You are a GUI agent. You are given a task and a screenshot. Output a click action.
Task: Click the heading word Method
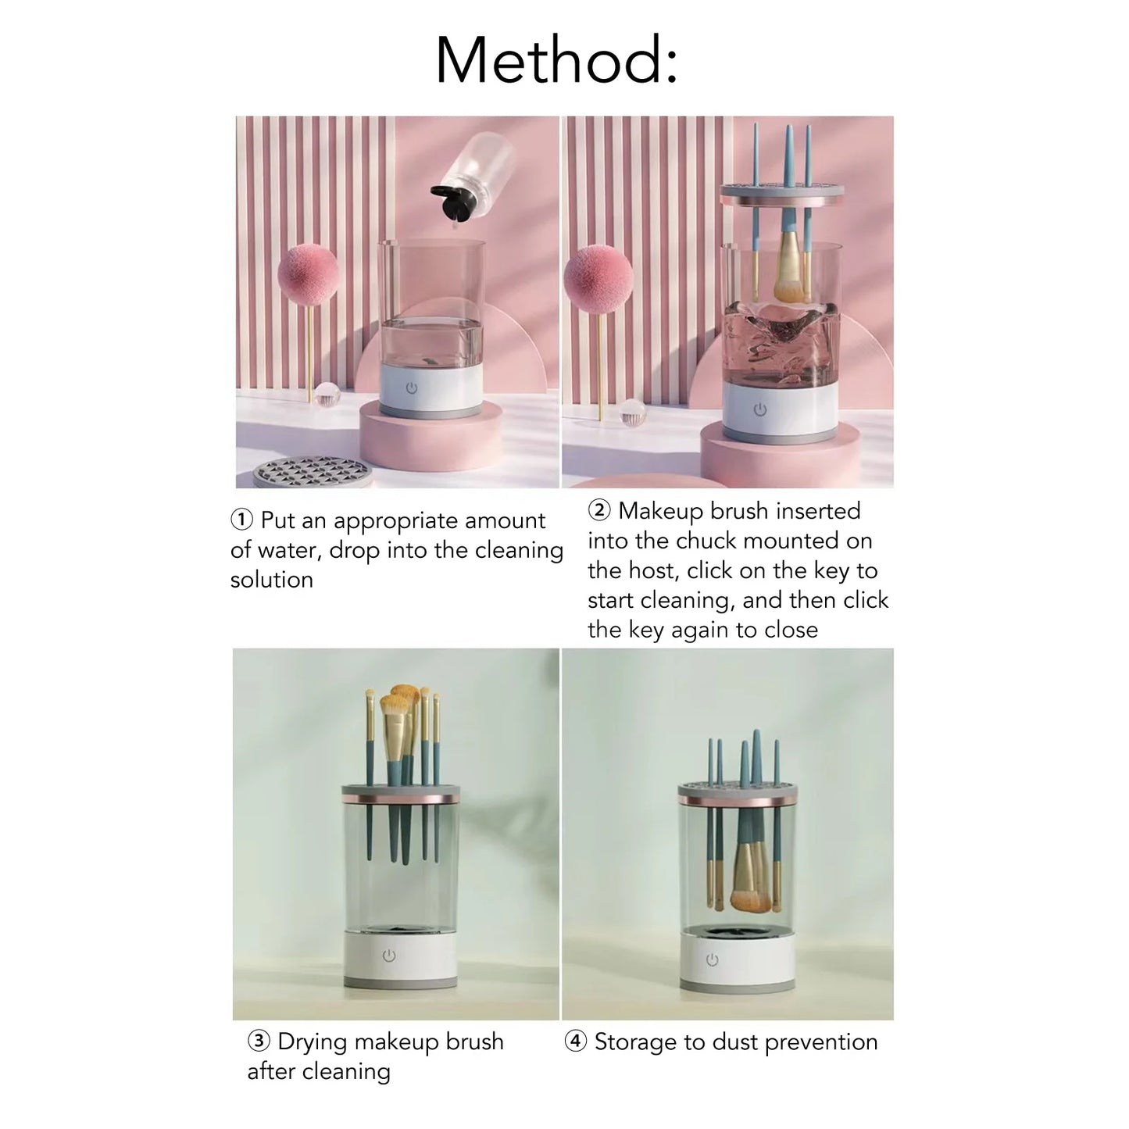click(x=556, y=60)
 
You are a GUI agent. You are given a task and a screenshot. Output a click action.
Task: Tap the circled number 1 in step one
click(x=242, y=520)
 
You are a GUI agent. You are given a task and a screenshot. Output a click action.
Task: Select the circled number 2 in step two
click(x=599, y=511)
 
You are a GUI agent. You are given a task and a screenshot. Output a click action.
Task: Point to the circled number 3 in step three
click(x=259, y=1041)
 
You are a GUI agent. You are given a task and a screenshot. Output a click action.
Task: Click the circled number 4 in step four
click(x=576, y=1042)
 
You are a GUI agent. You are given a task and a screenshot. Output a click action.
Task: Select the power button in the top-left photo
click(x=411, y=388)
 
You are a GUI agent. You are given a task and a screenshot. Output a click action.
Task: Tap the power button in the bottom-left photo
click(x=389, y=956)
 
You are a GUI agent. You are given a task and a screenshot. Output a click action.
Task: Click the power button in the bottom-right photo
click(x=712, y=960)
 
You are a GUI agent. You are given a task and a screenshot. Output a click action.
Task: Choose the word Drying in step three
click(x=313, y=1042)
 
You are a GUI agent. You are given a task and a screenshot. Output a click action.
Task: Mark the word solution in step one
click(x=271, y=580)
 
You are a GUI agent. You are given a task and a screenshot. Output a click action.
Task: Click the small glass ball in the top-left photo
click(x=327, y=393)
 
